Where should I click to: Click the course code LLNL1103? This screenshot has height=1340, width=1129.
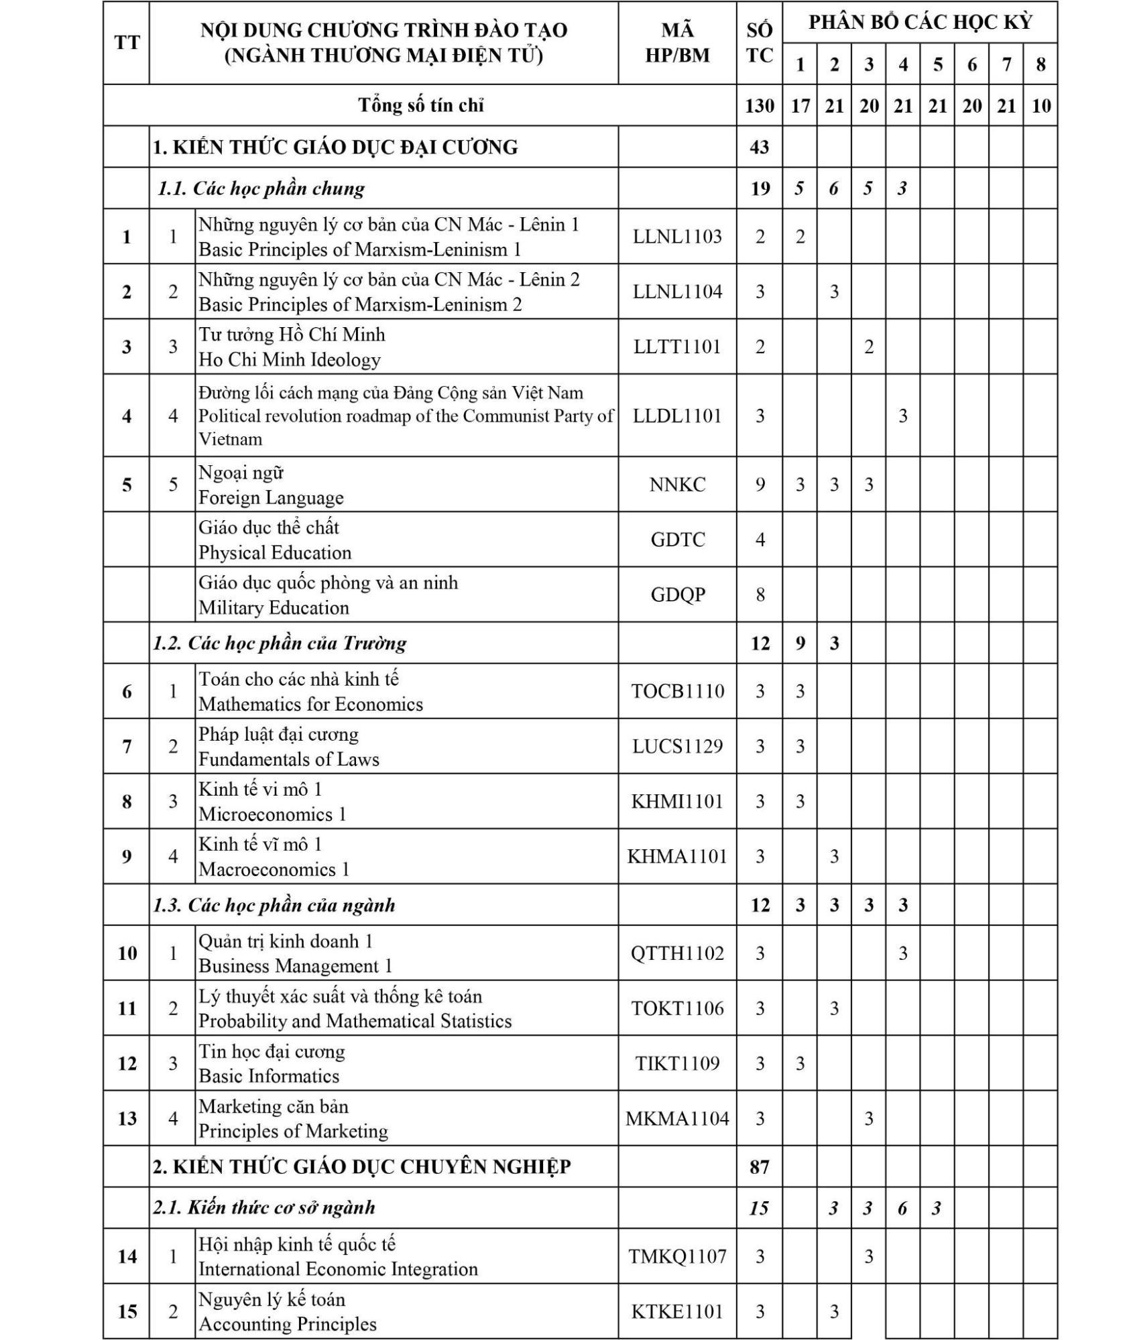click(x=677, y=237)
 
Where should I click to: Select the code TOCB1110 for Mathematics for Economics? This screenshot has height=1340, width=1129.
click(x=677, y=691)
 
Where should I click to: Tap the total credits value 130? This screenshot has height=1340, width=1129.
click(x=759, y=106)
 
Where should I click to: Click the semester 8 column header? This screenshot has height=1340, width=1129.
click(x=1041, y=64)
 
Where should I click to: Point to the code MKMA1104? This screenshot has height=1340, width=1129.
click(x=677, y=1119)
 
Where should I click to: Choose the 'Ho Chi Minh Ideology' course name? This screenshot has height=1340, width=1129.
click(x=290, y=360)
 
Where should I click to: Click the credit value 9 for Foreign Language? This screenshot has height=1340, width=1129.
click(x=760, y=485)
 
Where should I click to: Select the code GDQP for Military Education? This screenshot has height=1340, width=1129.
click(x=677, y=595)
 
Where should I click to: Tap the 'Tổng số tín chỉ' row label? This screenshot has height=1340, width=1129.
click(x=420, y=105)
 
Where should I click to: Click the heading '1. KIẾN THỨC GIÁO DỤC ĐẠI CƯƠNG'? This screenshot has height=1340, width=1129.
click(x=335, y=147)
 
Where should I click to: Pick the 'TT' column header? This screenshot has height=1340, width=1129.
click(x=127, y=43)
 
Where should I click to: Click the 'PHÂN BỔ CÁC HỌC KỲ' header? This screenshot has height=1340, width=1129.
click(x=920, y=23)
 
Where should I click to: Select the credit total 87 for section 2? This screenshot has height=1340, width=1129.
click(x=759, y=1167)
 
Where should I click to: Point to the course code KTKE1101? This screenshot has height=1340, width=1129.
click(x=677, y=1312)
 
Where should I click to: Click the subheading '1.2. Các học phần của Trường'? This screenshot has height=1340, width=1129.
click(x=280, y=644)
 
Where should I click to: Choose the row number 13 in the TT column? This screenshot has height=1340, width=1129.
click(x=127, y=1119)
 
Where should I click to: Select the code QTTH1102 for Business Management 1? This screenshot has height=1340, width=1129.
click(x=677, y=954)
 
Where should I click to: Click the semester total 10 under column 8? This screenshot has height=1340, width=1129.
click(x=1041, y=106)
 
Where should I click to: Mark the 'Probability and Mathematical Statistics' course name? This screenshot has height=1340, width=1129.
click(x=355, y=1021)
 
